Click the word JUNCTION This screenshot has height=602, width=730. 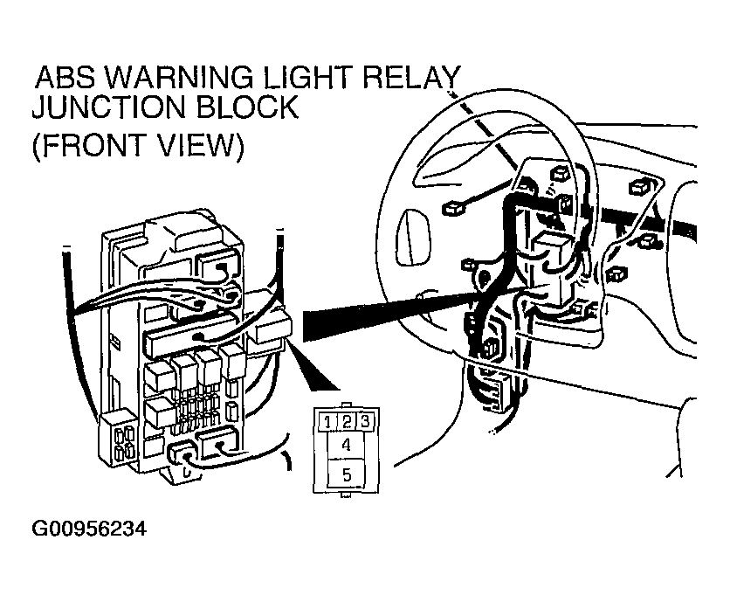point(108,107)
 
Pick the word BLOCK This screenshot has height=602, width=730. point(246,107)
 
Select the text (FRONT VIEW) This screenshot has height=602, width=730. point(138,146)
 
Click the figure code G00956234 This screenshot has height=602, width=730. point(89,529)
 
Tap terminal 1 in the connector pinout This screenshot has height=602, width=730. point(327,422)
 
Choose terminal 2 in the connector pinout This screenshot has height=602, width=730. point(347,422)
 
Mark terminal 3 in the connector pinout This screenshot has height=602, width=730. point(366,422)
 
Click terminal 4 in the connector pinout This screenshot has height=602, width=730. point(346,445)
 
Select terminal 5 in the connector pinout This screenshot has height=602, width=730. point(346,474)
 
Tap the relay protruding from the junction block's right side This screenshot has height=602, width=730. point(274,329)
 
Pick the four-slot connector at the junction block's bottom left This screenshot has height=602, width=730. point(117,437)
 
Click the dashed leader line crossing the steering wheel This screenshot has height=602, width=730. point(484,129)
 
